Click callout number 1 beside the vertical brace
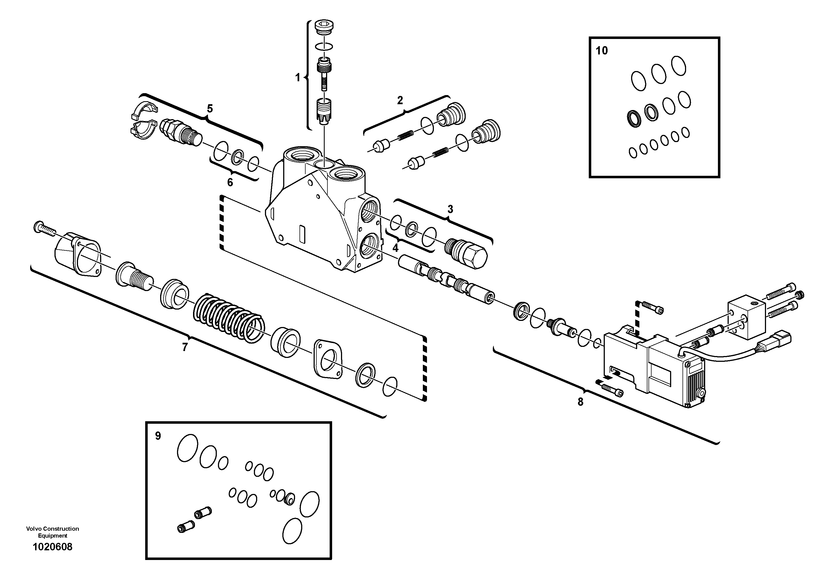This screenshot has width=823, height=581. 297,77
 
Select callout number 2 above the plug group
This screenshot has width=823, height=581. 400,100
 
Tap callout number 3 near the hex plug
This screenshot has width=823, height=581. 450,209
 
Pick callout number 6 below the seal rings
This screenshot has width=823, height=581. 230,183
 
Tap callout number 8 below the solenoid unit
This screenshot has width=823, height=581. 580,402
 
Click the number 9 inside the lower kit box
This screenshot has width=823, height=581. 158,436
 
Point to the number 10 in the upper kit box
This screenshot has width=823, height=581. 602,51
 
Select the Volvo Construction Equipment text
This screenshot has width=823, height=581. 52,532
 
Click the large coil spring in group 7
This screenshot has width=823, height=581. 230,317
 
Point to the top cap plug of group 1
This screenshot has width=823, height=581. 323,28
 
